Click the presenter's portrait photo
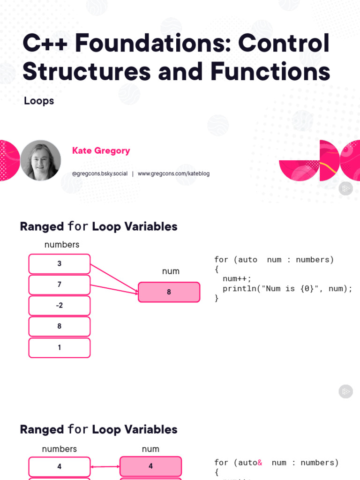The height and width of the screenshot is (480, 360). pyautogui.click(x=40, y=160)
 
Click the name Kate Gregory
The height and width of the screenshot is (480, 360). pyautogui.click(x=101, y=150)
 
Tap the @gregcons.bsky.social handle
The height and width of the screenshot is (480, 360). pyautogui.click(x=100, y=173)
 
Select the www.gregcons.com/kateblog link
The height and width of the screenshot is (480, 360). pyautogui.click(x=173, y=173)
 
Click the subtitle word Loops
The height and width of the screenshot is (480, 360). pyautogui.click(x=39, y=101)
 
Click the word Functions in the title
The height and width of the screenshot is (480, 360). pyautogui.click(x=270, y=71)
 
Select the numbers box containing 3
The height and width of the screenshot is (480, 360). pyautogui.click(x=60, y=263)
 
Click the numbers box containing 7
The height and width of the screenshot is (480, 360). pyautogui.click(x=60, y=285)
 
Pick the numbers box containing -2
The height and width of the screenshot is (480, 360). pyautogui.click(x=60, y=306)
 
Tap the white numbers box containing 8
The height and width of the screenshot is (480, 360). pyautogui.click(x=60, y=326)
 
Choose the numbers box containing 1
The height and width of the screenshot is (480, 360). pyautogui.click(x=60, y=348)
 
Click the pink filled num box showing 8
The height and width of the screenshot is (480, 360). pyautogui.click(x=169, y=292)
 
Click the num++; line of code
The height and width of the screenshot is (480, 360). pyautogui.click(x=237, y=279)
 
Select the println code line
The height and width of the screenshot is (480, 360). pyautogui.click(x=287, y=289)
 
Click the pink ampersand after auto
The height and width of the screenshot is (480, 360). pyautogui.click(x=260, y=463)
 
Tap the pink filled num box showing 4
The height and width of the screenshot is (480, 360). pyautogui.click(x=150, y=466)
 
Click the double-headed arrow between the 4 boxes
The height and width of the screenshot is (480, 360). pyautogui.click(x=105, y=466)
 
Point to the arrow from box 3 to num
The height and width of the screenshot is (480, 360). pyautogui.click(x=114, y=279)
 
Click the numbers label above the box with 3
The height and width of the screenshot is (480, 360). pyautogui.click(x=62, y=245)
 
